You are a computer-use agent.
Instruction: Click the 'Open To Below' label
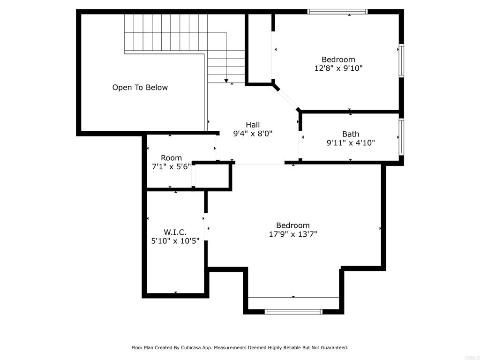[140, 88]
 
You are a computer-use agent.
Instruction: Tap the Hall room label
[253, 125]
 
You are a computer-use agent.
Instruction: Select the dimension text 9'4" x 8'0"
[253, 134]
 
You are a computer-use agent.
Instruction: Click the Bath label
[351, 134]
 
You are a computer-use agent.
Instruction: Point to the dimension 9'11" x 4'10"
[351, 142]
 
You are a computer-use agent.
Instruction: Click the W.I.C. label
[175, 232]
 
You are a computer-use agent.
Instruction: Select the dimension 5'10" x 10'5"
[175, 241]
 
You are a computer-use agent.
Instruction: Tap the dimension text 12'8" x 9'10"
[338, 68]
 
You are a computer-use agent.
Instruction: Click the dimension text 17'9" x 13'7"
[293, 234]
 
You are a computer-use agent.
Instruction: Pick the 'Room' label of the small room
[172, 158]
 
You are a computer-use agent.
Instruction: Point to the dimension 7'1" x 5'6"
[172, 166]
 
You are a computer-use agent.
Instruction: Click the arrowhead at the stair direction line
[226, 81]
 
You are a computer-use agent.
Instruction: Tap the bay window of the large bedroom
[293, 312]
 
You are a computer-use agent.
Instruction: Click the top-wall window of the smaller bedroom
[337, 12]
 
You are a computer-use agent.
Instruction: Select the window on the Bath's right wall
[401, 136]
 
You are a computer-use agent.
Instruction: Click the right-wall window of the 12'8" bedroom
[401, 60]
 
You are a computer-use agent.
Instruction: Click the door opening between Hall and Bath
[300, 144]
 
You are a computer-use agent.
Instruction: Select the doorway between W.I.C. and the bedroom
[206, 226]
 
